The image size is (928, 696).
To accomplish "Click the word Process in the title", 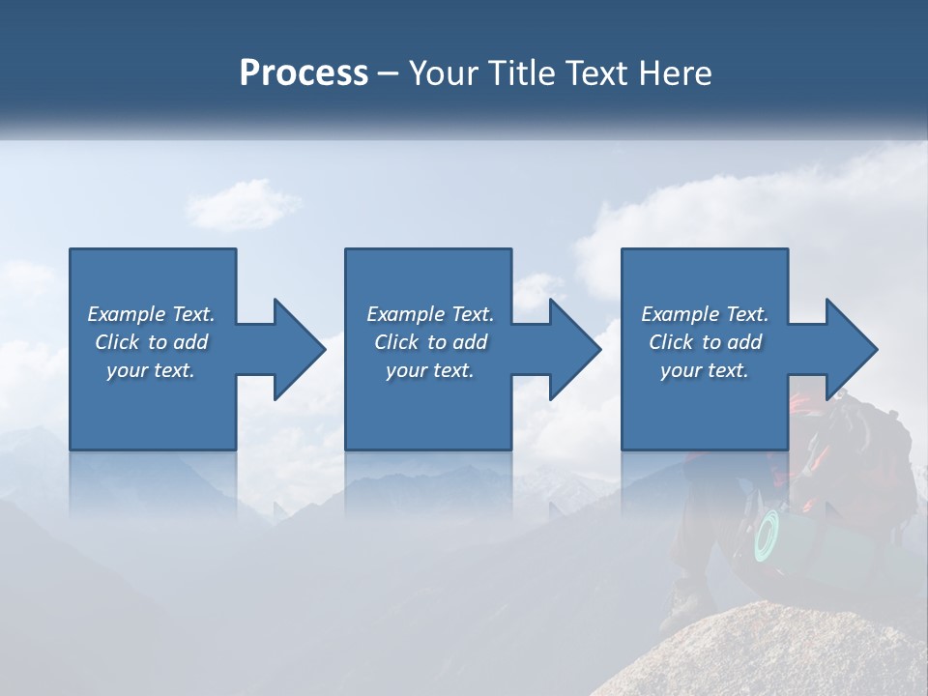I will (304, 73).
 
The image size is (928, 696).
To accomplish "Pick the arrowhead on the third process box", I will (851, 349).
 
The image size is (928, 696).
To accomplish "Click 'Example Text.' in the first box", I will (152, 314).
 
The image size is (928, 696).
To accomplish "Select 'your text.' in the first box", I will (152, 370).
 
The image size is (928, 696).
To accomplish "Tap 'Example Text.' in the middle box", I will (430, 314).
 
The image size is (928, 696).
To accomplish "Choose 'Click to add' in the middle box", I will (430, 342).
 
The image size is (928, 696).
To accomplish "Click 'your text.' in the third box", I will (705, 370).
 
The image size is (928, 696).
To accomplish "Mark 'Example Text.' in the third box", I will (705, 314).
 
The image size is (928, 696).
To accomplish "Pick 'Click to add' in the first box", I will (152, 342).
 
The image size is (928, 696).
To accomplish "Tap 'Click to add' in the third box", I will (705, 342).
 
